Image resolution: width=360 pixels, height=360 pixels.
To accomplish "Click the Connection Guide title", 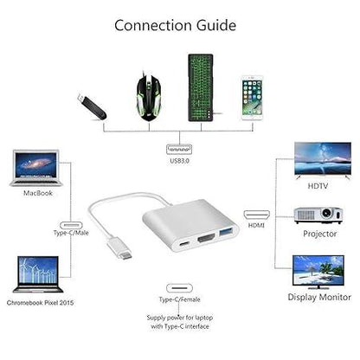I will pyautogui.click(x=175, y=23).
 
